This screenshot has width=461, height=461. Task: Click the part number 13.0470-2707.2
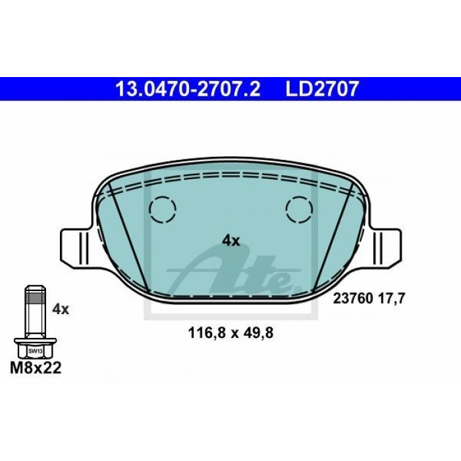point(188,89)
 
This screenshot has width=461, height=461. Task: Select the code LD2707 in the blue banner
point(322,89)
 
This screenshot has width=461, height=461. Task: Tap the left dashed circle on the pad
point(163,209)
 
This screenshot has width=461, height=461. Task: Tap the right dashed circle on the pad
point(299,209)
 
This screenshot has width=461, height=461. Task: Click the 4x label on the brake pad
point(230,241)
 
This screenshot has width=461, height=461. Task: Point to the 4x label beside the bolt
point(61,310)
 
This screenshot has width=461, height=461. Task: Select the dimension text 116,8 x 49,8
point(230,333)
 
